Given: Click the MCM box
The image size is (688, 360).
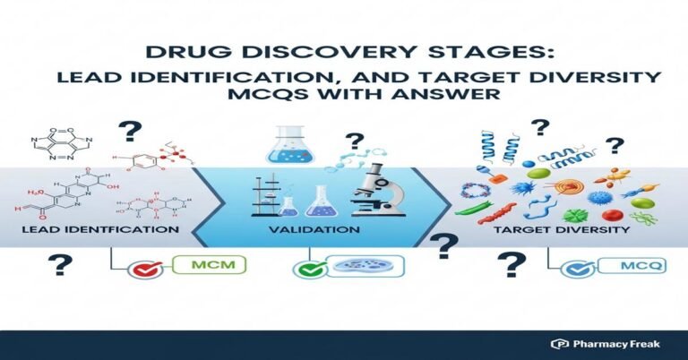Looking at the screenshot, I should (x=212, y=266).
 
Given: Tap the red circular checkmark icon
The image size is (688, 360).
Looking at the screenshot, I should (x=143, y=269).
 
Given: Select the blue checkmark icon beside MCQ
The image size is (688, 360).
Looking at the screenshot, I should (x=571, y=268).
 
